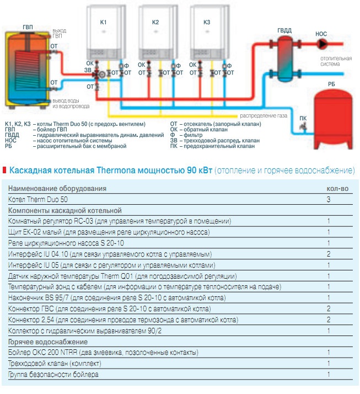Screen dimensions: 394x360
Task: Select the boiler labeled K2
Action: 155,33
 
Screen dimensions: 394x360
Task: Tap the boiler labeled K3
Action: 207,33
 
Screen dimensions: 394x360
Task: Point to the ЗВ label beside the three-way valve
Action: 88,70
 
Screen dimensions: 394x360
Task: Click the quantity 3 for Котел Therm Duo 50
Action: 329,199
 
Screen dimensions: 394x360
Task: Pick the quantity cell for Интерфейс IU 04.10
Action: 329,254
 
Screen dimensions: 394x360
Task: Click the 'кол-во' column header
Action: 337,188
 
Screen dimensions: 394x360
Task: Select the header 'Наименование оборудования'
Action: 57,188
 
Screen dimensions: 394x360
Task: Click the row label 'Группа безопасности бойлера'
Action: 53,375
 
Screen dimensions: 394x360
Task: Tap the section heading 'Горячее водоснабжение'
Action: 48,342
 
